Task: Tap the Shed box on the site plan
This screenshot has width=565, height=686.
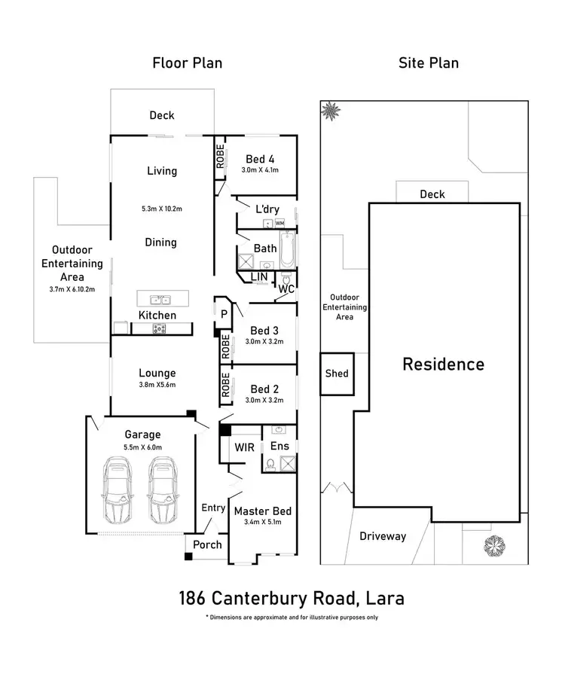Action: click(x=337, y=374)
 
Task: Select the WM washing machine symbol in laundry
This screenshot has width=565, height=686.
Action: click(x=279, y=223)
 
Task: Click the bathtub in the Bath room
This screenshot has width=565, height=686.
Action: click(x=287, y=250)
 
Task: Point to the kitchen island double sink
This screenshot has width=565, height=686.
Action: click(x=160, y=300)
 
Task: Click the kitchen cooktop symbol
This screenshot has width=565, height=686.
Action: click(x=159, y=328)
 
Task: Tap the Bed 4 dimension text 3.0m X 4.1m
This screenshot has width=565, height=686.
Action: click(x=260, y=169)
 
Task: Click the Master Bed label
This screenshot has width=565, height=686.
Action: click(x=263, y=511)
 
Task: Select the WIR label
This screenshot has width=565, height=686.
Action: click(x=244, y=447)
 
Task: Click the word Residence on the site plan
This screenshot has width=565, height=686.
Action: click(x=443, y=364)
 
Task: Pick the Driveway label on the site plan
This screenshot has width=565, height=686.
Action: click(x=383, y=536)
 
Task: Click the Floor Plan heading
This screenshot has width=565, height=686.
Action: click(x=188, y=63)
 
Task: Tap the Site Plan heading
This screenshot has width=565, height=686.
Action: click(x=429, y=63)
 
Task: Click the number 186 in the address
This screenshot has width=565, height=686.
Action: click(x=192, y=598)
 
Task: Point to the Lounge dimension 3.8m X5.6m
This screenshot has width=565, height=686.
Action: click(x=157, y=385)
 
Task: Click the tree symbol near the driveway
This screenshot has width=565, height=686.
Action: click(x=494, y=546)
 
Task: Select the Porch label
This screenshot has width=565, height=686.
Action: click(x=207, y=544)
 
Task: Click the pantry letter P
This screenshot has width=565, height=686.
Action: click(x=224, y=314)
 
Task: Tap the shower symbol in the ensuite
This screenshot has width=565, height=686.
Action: click(x=288, y=463)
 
